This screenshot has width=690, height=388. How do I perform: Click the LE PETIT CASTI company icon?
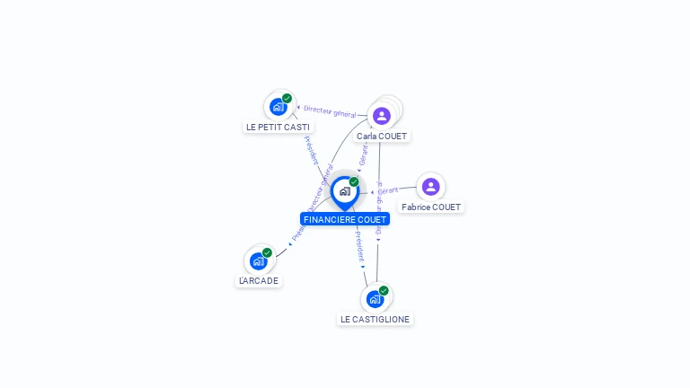click(x=279, y=107)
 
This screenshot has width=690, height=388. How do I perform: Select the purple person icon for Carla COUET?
click(x=382, y=116)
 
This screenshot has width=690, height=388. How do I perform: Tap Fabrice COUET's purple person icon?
click(x=430, y=187)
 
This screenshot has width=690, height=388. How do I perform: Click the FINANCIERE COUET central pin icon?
click(x=344, y=191)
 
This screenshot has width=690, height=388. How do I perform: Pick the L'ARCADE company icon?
click(x=259, y=261)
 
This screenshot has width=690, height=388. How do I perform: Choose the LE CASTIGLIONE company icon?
click(x=375, y=299)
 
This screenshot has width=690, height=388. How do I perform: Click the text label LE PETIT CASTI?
click(x=278, y=128)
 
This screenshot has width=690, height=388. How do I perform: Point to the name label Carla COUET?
click(x=381, y=137)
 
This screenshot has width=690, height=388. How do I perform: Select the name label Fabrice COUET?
click(x=431, y=207)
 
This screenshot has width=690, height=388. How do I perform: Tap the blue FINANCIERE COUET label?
click(x=345, y=219)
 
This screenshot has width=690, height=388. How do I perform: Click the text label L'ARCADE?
click(x=259, y=281)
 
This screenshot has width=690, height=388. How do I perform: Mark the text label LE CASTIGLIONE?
click(x=375, y=320)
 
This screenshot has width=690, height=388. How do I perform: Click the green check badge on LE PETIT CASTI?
click(x=287, y=99)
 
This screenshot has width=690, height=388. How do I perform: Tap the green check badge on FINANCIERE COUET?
click(x=354, y=182)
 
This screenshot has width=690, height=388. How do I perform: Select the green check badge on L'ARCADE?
click(x=267, y=253)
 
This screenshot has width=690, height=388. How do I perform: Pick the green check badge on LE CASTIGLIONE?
click(x=384, y=291)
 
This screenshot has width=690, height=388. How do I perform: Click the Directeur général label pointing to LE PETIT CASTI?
click(x=329, y=111)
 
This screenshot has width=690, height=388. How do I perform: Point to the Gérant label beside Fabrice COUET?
click(x=387, y=190)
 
